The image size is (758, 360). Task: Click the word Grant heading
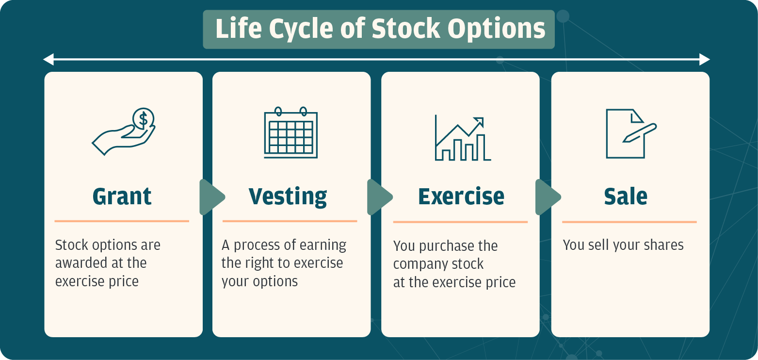tap(122, 196)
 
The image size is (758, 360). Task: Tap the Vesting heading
tap(288, 197)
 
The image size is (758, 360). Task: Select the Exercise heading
tap(461, 196)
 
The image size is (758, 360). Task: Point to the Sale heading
tap(626, 196)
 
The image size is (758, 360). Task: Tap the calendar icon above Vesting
tap(290, 133)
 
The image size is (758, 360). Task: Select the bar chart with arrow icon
tap(463, 138)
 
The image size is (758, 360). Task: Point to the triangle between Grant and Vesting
tap(211, 197)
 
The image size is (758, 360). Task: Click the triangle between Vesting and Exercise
tap(379, 197)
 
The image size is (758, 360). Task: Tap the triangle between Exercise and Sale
tap(548, 197)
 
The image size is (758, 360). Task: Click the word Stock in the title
tap(406, 29)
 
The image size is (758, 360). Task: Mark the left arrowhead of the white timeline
tap(48, 59)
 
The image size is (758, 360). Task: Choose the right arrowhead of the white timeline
tap(705, 59)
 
